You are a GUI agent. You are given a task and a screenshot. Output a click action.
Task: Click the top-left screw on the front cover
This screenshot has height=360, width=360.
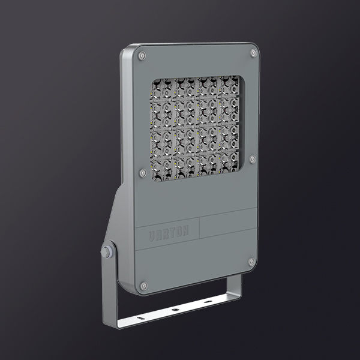point(142,56)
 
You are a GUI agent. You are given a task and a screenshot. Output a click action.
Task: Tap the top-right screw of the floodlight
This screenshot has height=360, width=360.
point(253,53)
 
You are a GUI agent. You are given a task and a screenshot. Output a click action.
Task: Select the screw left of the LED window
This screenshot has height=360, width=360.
point(143,173)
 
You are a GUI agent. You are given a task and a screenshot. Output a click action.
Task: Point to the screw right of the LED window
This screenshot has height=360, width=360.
point(253,160)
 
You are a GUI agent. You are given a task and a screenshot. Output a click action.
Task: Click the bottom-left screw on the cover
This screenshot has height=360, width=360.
point(144,286)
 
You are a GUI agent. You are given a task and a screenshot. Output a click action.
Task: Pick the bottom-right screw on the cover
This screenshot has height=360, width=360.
point(251,262)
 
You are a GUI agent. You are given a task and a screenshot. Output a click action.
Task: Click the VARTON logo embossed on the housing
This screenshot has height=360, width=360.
point(169,232)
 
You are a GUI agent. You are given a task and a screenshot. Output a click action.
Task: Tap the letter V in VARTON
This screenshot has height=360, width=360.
point(151,236)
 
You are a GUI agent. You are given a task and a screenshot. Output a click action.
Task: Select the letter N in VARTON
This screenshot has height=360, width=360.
point(185,230)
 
